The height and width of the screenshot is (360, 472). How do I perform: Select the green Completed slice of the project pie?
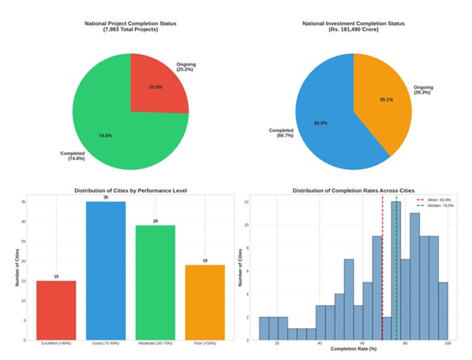111,126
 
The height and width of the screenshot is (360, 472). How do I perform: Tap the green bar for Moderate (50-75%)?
155,282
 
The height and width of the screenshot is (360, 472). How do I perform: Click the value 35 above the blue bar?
105,198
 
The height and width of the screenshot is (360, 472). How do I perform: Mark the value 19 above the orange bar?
205,261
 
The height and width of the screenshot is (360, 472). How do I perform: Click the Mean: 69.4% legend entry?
434,200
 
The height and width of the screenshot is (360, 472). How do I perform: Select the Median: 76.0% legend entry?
436,206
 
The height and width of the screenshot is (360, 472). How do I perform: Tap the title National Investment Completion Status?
353,24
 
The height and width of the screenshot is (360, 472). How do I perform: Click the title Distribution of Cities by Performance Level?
130,190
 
